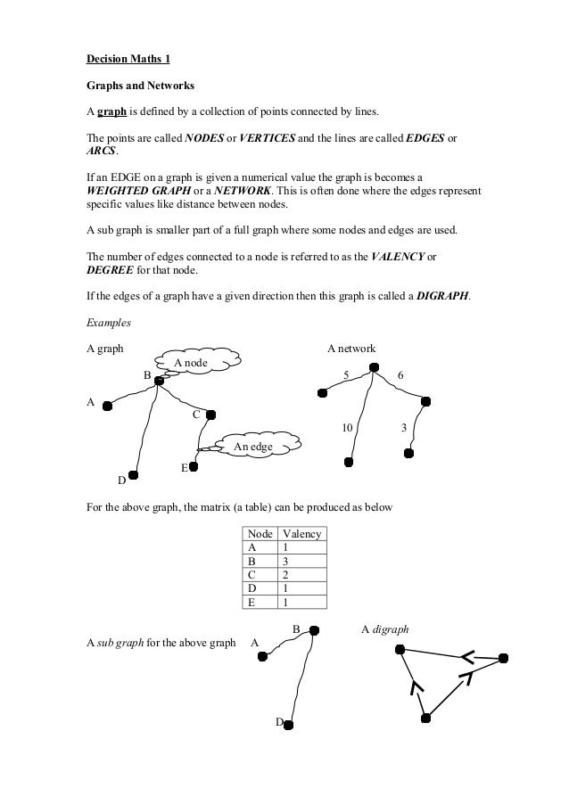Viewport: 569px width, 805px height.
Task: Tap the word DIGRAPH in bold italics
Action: (x=443, y=296)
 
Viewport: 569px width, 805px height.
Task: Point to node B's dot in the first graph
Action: (x=158, y=381)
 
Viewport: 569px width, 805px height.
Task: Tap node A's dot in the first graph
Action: (x=107, y=407)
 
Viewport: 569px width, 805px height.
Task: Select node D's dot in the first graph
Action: (x=133, y=475)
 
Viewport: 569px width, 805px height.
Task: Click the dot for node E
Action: (x=193, y=465)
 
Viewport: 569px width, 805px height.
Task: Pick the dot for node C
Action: (x=211, y=414)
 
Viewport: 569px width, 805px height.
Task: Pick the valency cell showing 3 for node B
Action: (x=285, y=561)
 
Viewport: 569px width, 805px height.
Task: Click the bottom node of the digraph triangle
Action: (x=425, y=717)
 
